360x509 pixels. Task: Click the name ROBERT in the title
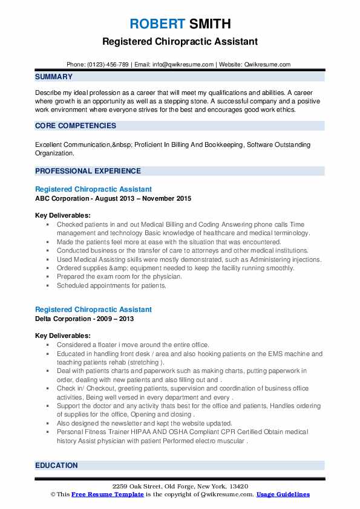[155, 24]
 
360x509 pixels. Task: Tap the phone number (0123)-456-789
[108, 64]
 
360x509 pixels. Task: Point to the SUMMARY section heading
[54, 77]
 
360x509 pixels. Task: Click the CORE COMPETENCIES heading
[76, 126]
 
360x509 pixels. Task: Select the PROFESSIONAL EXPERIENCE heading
[88, 171]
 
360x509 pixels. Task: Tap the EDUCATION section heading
[56, 465]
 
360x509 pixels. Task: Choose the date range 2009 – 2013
[117, 319]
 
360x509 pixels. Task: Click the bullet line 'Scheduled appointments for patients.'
[111, 285]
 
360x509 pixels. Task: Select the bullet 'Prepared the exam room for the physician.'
[119, 276]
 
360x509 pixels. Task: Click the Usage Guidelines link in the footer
[283, 494]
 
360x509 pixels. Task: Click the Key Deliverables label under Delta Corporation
[63, 336]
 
